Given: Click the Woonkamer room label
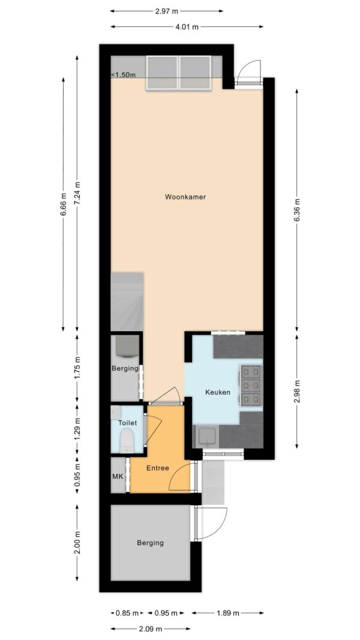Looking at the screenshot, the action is pyautogui.click(x=185, y=197).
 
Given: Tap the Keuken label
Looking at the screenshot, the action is pyautogui.click(x=218, y=393).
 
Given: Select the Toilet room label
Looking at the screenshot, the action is pyautogui.click(x=127, y=423).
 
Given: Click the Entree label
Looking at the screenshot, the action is pyautogui.click(x=158, y=468).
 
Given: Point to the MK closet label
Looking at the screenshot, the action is pyautogui.click(x=118, y=476).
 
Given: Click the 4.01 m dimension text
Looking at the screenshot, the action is pyautogui.click(x=188, y=27).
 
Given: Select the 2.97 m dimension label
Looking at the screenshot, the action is pyautogui.click(x=166, y=11).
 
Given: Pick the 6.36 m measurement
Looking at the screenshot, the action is pyautogui.click(x=297, y=210).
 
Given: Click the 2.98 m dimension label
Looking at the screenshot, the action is pyautogui.click(x=297, y=391).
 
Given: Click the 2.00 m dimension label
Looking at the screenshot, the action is pyautogui.click(x=78, y=543).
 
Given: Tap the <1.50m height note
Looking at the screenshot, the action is pyautogui.click(x=123, y=74).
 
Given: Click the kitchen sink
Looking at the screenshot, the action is pyautogui.click(x=207, y=436).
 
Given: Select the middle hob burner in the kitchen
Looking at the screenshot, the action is pyautogui.click(x=251, y=385).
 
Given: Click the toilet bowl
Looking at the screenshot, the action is pyautogui.click(x=127, y=441).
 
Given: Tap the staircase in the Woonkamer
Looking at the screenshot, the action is pyautogui.click(x=127, y=302).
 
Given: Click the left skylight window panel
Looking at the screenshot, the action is pyautogui.click(x=162, y=73).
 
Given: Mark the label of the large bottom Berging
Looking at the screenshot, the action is pyautogui.click(x=150, y=543).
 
